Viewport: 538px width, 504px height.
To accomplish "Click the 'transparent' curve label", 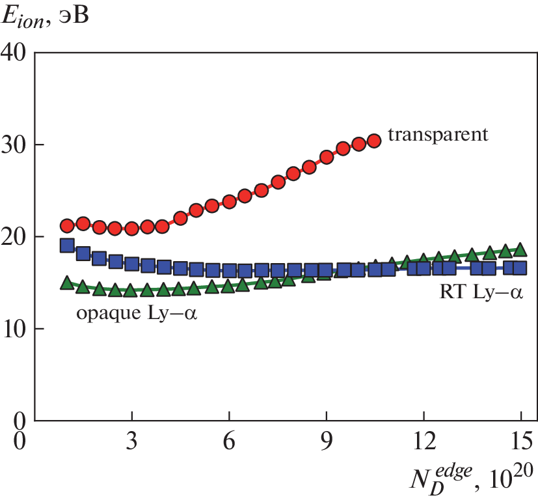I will [x=438, y=135].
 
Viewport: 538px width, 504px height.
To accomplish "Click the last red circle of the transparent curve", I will [x=373, y=140].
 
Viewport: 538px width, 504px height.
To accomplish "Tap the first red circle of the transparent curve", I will [x=67, y=226].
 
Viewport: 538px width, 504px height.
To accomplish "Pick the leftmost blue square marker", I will [x=67, y=245].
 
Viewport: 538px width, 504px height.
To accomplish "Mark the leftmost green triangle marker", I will [x=67, y=283].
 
